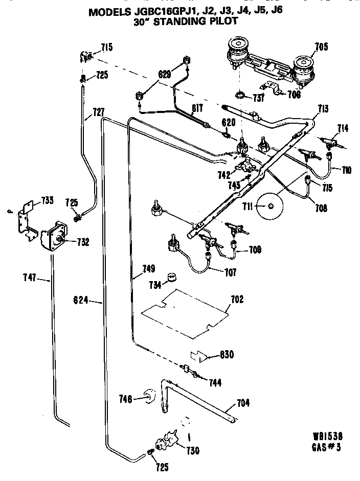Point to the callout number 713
coord(322,109)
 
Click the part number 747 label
coord(30,279)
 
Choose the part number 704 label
coord(243,403)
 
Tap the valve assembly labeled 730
coord(166,440)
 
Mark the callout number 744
coord(214,382)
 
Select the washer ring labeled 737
coord(239,95)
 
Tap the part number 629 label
coord(164,75)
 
